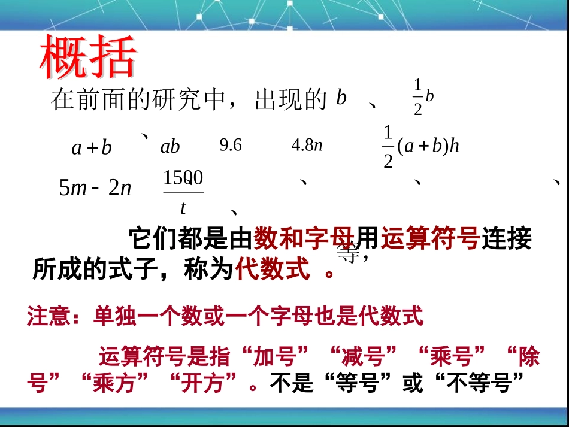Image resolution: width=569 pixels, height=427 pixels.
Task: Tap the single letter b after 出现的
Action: (341, 98)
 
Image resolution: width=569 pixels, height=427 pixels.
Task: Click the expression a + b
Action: (92, 147)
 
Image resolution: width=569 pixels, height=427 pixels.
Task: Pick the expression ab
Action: (170, 147)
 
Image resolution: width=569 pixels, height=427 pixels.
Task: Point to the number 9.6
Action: (231, 146)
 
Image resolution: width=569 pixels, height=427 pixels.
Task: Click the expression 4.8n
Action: (307, 146)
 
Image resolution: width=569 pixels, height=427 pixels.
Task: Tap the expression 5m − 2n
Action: (95, 189)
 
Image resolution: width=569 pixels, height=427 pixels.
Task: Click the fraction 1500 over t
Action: (183, 192)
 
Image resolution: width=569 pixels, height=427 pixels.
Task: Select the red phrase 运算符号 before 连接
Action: (430, 240)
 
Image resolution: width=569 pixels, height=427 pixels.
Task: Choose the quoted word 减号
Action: (364, 358)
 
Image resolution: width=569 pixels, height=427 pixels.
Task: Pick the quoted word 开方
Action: (209, 383)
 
